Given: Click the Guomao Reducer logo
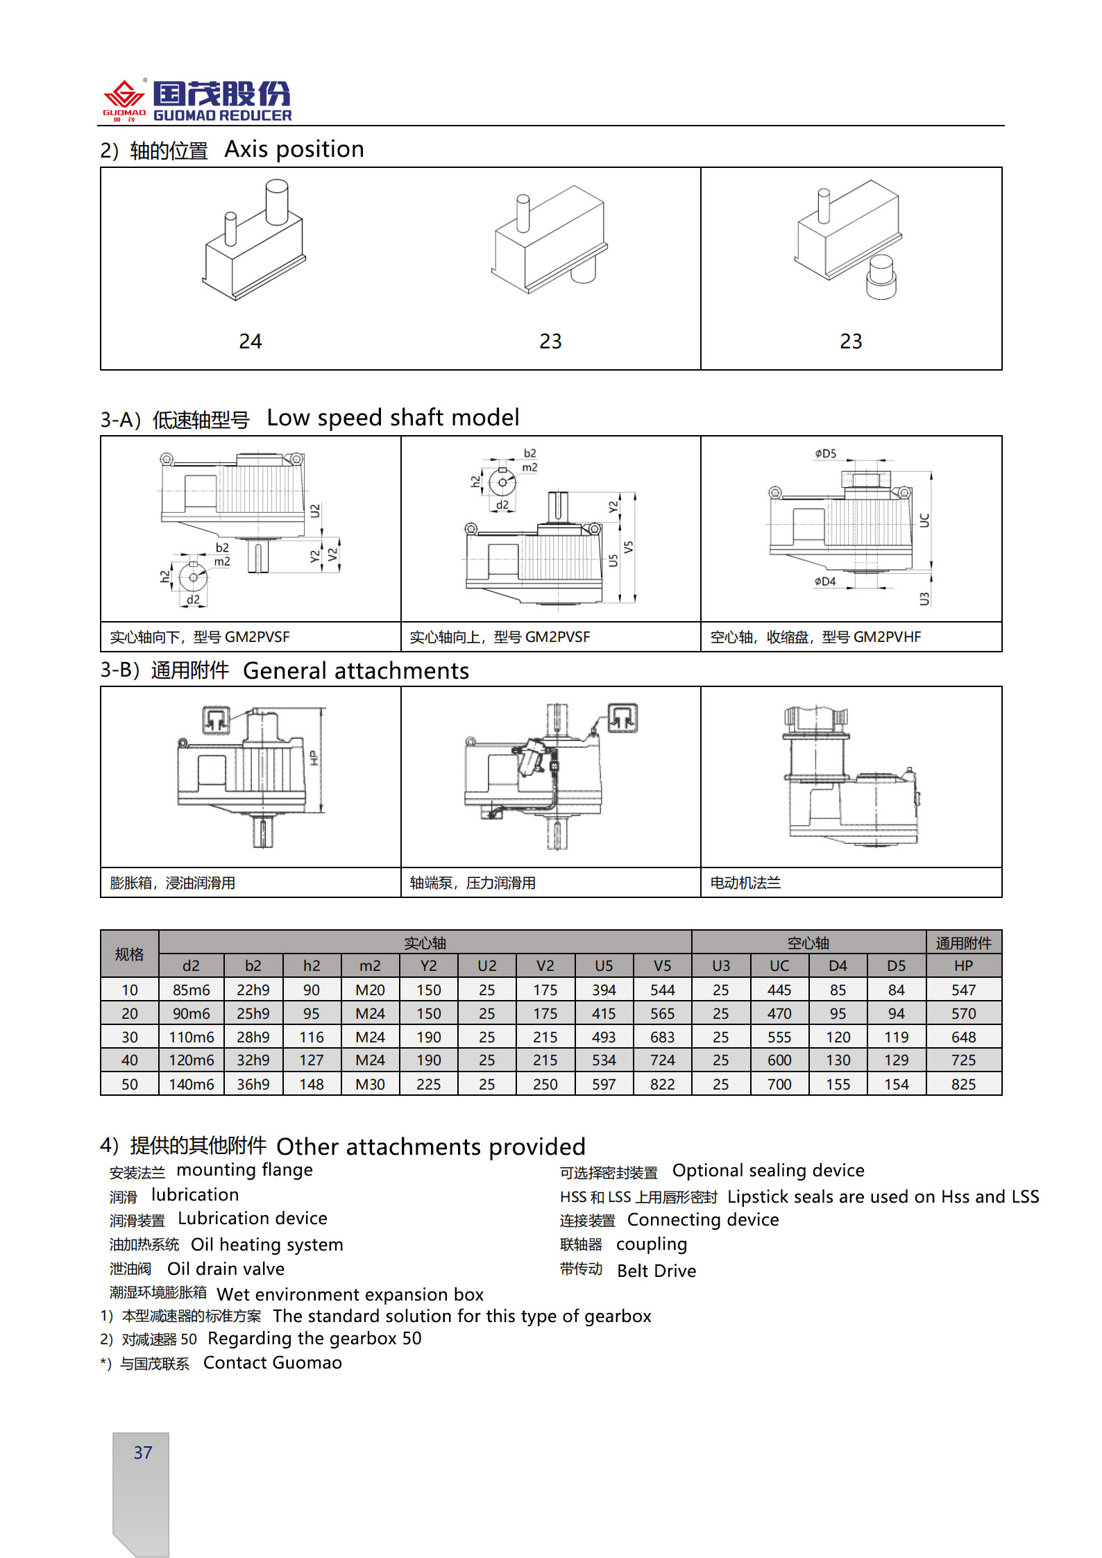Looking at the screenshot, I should [197, 101].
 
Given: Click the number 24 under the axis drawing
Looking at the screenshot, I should [251, 341].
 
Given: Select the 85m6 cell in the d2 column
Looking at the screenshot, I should [191, 990].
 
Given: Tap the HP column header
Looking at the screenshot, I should [963, 966].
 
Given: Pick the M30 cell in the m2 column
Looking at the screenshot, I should [370, 1084].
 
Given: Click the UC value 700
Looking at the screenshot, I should [779, 1084].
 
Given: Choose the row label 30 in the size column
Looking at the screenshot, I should [130, 1038].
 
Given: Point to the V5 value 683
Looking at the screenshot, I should [662, 1038].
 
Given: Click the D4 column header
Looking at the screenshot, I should [838, 966].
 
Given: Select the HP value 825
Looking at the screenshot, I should [963, 1084].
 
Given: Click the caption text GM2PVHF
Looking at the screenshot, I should [887, 637].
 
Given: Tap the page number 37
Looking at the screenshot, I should [143, 1453].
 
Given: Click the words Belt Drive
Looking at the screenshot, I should [656, 1271].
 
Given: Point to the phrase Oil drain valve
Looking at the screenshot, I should [226, 1269].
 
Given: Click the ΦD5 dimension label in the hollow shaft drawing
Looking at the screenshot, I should [826, 454].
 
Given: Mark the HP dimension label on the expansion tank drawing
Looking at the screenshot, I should [314, 758].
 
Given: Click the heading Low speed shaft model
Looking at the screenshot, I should [393, 418].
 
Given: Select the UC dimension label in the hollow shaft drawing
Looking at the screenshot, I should [924, 520].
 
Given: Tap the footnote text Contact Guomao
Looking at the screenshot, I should [272, 1363].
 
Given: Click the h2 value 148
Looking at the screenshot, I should [312, 1084].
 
